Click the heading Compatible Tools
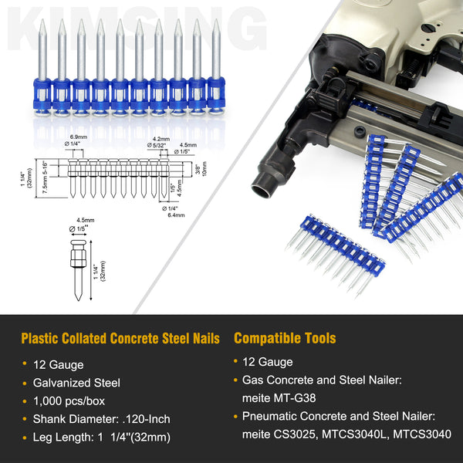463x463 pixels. pos(285,338)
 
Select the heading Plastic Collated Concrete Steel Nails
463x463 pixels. pos(120,338)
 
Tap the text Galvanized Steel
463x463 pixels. pos(76,382)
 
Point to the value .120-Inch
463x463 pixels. pos(147,420)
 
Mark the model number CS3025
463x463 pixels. pos(298,435)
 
